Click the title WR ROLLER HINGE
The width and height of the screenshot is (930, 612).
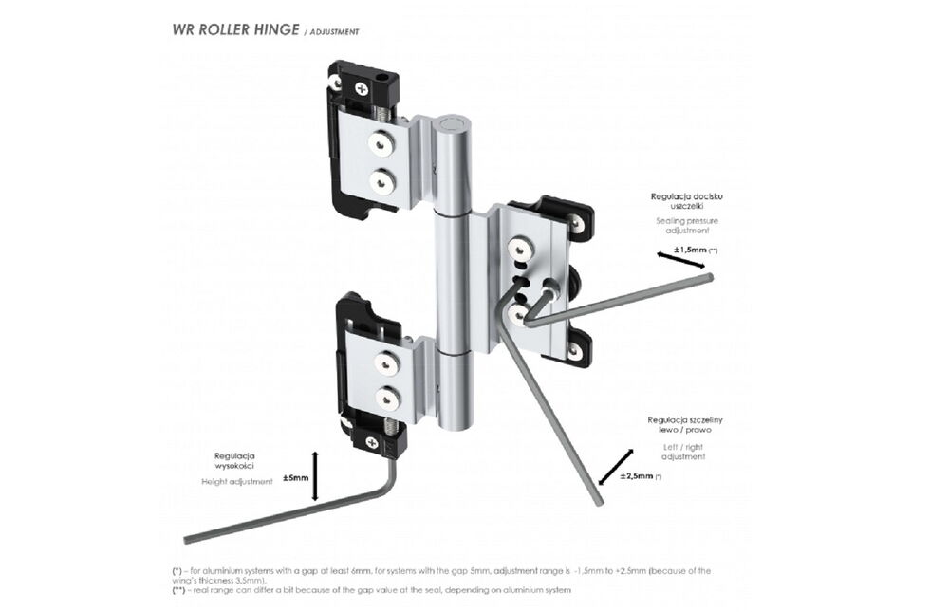pyautogui.click(x=234, y=28)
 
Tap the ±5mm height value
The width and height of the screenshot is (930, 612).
pyautogui.click(x=296, y=478)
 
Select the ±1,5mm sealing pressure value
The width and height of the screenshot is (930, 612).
pyautogui.click(x=690, y=250)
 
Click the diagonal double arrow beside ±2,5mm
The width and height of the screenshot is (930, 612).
pyautogui.click(x=614, y=465)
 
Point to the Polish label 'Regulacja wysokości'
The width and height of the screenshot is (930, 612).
pyautogui.click(x=234, y=461)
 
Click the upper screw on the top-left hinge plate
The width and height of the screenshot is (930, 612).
pyautogui.click(x=381, y=143)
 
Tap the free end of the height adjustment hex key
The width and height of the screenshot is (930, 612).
pyautogui.click(x=190, y=540)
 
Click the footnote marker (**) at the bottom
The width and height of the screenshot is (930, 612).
pyautogui.click(x=178, y=590)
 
